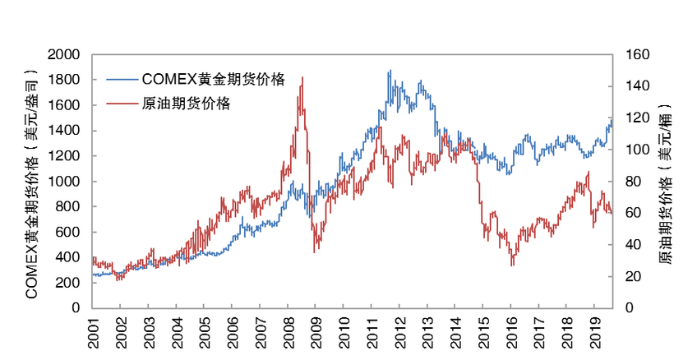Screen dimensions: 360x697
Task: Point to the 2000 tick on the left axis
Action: pyautogui.click(x=65, y=55)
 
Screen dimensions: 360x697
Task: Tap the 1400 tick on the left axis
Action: pyautogui.click(x=65, y=131)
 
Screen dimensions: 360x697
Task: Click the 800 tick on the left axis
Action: pyautogui.click(x=69, y=207)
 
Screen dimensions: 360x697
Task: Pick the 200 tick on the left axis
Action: pyautogui.click(x=69, y=283)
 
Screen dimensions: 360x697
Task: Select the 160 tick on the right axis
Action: pyautogui.click(x=638, y=55)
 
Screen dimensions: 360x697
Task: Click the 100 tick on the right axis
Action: pyautogui.click(x=638, y=150)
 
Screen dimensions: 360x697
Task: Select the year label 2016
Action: pyautogui.click(x=510, y=331)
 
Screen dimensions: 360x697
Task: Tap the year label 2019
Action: pyautogui.click(x=594, y=331)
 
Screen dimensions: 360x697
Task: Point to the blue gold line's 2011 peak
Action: pyautogui.click(x=390, y=71)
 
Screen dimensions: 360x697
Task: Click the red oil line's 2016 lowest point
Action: pyautogui.click(x=512, y=265)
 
